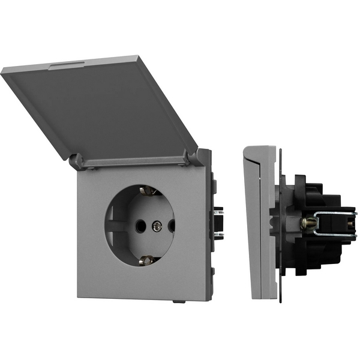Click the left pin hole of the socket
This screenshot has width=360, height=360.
[x=140, y=226]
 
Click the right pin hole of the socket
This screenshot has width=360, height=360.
[x=172, y=226]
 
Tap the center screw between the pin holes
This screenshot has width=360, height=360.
[x=156, y=226]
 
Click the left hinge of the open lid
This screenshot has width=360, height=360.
[x=76, y=160]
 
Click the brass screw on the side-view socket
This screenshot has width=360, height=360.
[x=307, y=223]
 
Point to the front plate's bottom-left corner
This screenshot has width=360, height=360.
[x=79, y=296]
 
